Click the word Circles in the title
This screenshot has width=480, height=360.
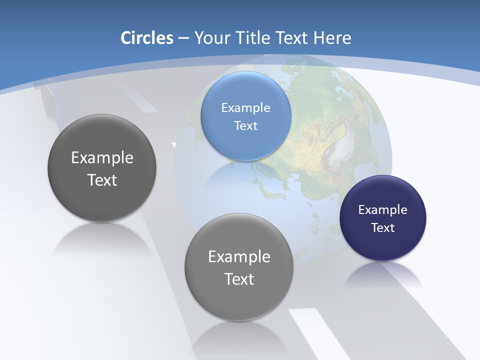[x=146, y=38]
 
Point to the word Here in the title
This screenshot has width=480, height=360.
[x=332, y=38]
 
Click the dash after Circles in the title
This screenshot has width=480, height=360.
[x=183, y=38]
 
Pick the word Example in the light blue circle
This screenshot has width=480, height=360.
[x=245, y=107]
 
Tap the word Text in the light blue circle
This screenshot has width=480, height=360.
[x=245, y=125]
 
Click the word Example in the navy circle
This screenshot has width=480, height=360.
[x=382, y=209]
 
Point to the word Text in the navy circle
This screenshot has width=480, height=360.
[x=383, y=227]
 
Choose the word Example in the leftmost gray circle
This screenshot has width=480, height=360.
[x=102, y=157]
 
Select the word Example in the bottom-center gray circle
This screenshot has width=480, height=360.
[x=239, y=256]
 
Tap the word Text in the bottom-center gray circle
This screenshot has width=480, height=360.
[x=239, y=278]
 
